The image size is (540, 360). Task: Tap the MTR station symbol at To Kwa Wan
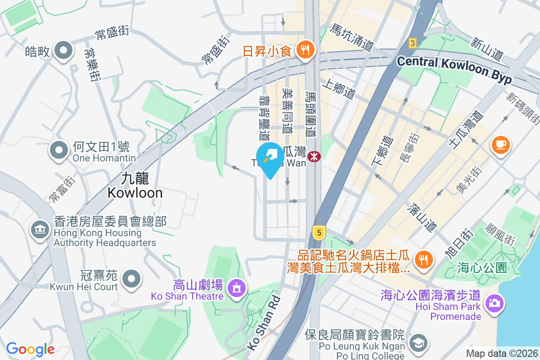(x=314, y=157)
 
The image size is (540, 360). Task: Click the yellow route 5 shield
(x=319, y=233)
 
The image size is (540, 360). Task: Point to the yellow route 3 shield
(x=412, y=43)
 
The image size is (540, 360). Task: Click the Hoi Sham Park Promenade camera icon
(x=494, y=302)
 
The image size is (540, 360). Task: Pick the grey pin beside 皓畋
(x=63, y=50)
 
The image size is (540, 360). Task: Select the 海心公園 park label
(x=482, y=268)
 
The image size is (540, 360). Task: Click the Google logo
(x=30, y=349)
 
